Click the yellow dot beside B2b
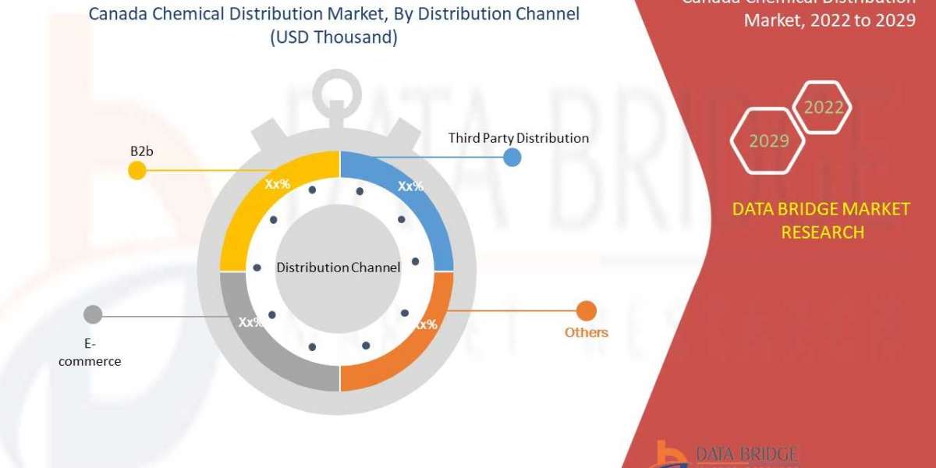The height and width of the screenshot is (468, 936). point(136,170)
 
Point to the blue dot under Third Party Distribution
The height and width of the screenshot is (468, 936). point(512,158)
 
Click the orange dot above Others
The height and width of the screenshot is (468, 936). point(586,311)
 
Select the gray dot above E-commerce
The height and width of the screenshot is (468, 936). point(93,315)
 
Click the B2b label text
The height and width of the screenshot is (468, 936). point(141,151)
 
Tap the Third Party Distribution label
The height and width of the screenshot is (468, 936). point(518,138)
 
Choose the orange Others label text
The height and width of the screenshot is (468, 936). point(586,332)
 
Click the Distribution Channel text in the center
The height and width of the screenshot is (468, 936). point(339,268)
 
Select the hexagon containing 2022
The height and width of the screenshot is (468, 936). point(824,108)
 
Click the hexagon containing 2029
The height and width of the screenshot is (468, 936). point(768,141)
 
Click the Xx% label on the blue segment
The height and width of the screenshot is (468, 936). point(410,186)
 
